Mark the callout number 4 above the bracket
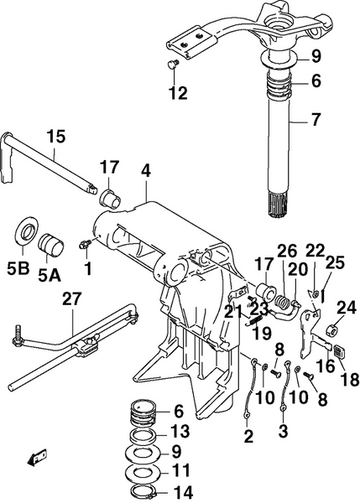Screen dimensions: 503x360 (145, 170)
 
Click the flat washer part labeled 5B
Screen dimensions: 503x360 (27, 231)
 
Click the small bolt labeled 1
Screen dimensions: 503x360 (84, 244)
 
